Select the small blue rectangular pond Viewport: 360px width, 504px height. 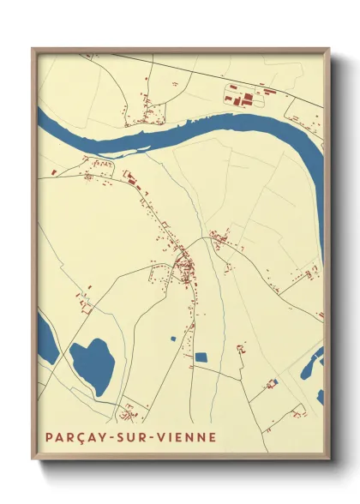(x=201, y=357)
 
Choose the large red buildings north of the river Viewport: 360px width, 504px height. (x=243, y=97)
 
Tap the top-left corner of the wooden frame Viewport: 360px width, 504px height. (x=33, y=49)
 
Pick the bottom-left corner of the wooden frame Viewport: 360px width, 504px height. (x=33, y=459)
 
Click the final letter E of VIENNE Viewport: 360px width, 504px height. (x=213, y=436)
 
